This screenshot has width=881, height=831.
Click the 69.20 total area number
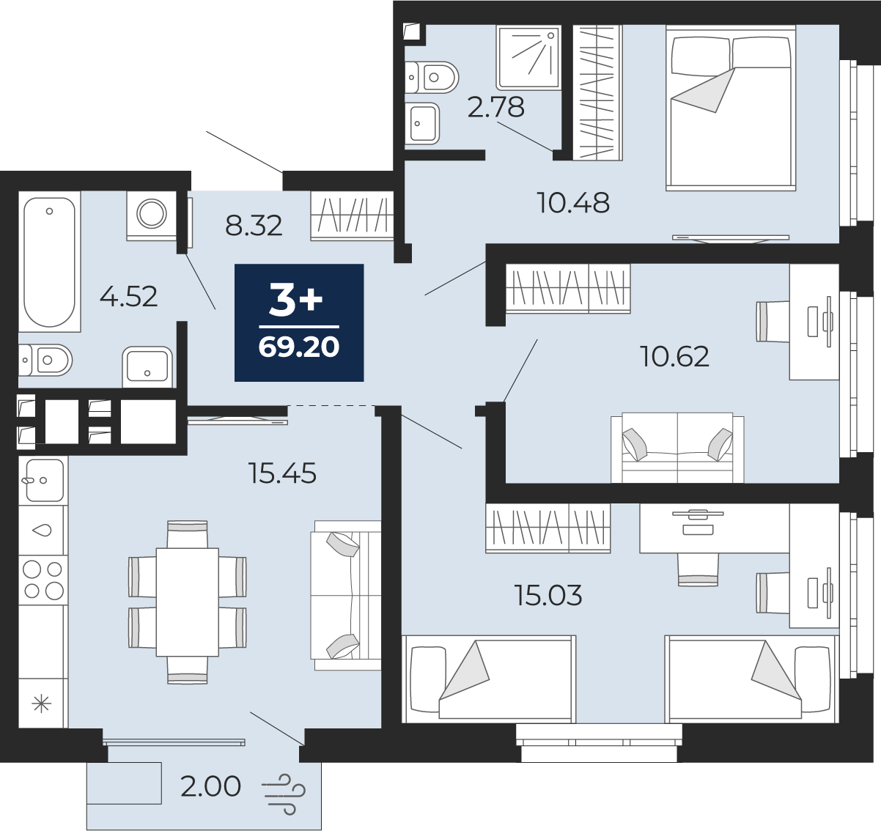point(299,347)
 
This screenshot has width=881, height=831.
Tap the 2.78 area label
point(496,108)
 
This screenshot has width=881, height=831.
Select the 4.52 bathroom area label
point(129,297)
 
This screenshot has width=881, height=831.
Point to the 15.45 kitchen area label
point(283,473)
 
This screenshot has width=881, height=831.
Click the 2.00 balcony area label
point(210,786)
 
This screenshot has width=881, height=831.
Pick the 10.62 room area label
point(675,357)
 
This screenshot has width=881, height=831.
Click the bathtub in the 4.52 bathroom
point(49,262)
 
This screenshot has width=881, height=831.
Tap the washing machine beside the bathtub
point(152,216)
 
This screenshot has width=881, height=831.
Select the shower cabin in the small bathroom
point(528,57)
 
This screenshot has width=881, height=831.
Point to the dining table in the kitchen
point(187,602)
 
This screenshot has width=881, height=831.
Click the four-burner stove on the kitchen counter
point(43,580)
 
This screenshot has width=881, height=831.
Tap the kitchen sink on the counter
point(43,480)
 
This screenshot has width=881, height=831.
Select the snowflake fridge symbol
point(41,703)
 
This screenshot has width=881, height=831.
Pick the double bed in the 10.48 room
point(731,108)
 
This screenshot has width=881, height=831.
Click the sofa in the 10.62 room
point(677,448)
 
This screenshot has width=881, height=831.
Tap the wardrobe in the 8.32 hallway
point(353,216)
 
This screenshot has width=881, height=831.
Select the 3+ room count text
point(296,301)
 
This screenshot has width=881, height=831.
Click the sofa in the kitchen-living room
point(345,596)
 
